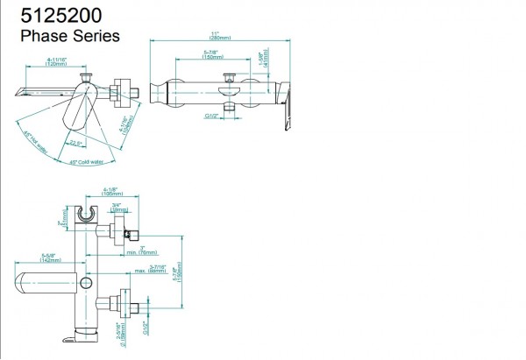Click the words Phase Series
pos(69,37)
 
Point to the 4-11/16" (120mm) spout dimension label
pos(57,62)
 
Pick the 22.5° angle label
pos(76,143)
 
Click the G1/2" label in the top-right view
pos(211,115)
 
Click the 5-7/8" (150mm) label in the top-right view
pos(210,55)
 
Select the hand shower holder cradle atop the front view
pos(87,215)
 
